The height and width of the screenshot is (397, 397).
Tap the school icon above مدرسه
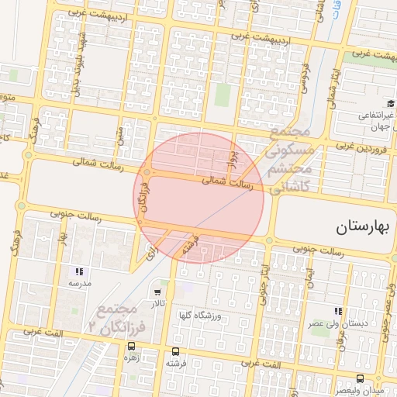79,272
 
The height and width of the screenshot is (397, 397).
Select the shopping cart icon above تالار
158,293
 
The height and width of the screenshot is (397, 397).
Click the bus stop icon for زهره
129,347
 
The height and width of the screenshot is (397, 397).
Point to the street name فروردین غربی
363,146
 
